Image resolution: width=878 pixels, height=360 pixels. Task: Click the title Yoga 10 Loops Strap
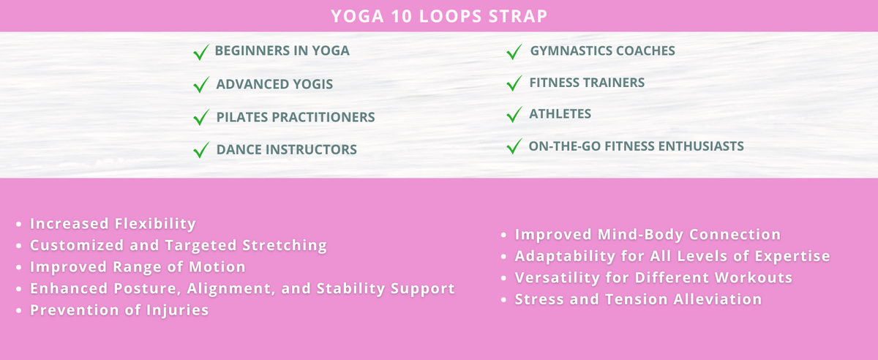pyautogui.click(x=438, y=16)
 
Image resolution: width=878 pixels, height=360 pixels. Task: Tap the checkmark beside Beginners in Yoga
pyautogui.click(x=200, y=52)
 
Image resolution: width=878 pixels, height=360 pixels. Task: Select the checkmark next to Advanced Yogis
pyautogui.click(x=200, y=85)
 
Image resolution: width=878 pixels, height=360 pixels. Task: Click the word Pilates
pyautogui.click(x=241, y=117)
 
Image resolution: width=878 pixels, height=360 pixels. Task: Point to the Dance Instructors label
pyautogui.click(x=286, y=150)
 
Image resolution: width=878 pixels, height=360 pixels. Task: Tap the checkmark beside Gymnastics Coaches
pyautogui.click(x=514, y=51)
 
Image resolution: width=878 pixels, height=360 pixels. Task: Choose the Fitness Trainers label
pyautogui.click(x=587, y=83)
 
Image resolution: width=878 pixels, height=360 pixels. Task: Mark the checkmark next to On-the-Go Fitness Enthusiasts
pyautogui.click(x=514, y=146)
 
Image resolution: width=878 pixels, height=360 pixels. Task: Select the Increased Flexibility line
pyautogui.click(x=113, y=224)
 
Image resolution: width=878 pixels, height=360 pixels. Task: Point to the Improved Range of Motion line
pyautogui.click(x=138, y=267)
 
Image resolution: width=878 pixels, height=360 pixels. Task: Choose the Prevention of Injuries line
pyautogui.click(x=119, y=310)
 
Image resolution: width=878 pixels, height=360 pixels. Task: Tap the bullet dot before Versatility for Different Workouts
pyautogui.click(x=505, y=279)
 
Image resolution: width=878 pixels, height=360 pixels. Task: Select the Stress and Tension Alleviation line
pyautogui.click(x=638, y=299)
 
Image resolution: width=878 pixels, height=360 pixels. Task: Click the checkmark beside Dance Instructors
pyautogui.click(x=200, y=150)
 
